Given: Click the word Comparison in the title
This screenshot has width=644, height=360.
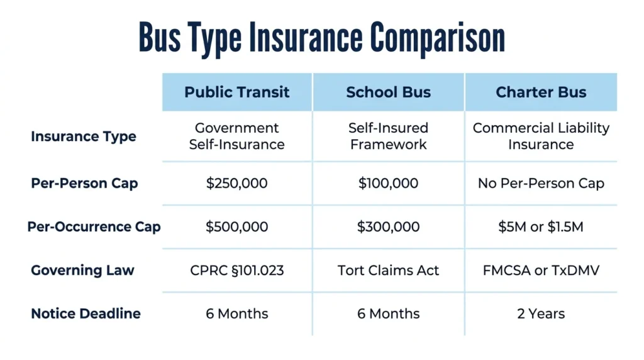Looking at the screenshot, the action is coord(438,38).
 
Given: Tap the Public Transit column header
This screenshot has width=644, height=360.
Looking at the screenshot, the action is coord(237,92).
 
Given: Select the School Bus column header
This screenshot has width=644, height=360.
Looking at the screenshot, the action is coord(389,92).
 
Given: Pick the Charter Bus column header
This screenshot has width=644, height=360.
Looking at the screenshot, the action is coord(541,92).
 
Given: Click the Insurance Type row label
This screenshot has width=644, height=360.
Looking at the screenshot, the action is coord(84,137).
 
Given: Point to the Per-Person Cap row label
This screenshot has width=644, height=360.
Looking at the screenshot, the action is coord(84,183).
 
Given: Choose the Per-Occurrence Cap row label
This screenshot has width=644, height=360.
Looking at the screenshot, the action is coord(94,227).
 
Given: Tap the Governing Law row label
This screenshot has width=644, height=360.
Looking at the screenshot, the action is coord(82,271).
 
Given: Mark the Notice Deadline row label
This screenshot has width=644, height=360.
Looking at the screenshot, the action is coord(86,314).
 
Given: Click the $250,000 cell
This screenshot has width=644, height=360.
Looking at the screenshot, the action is coord(237,183).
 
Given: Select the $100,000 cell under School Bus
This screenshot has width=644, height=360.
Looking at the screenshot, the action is coord(389,183).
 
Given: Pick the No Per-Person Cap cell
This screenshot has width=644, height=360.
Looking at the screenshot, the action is coord(541,183).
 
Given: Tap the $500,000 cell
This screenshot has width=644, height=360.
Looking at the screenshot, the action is coord(237,227).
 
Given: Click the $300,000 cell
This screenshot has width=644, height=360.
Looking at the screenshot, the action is coord(389,227).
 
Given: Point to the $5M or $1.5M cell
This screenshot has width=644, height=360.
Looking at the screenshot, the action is coord(541,227).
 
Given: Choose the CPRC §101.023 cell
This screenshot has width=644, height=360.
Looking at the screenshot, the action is coord(237,271).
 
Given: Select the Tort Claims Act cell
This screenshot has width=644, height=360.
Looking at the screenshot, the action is coord(389,271).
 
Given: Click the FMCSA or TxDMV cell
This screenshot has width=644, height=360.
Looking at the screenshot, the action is coord(541,271).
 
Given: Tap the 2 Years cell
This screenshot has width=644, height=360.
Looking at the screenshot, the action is coord(541,314).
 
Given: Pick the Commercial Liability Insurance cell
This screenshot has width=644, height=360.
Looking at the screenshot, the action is coord(541,137).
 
